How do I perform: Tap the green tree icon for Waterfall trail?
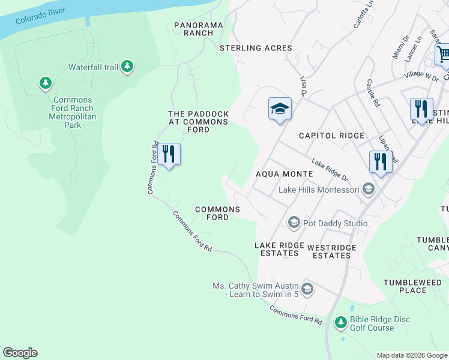(x=127, y=67)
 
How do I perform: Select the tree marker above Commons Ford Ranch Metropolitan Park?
(x=45, y=82)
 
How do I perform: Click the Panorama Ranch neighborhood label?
(x=199, y=29)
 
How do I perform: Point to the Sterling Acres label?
(x=256, y=48)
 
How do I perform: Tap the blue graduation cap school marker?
(x=280, y=109)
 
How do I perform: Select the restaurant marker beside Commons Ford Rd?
(x=169, y=154)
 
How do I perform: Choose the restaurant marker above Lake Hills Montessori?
(x=381, y=161)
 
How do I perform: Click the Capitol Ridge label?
(x=332, y=136)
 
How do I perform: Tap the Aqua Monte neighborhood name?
(x=285, y=173)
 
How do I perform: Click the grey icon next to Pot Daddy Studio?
(x=294, y=223)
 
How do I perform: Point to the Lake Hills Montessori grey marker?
(x=368, y=190)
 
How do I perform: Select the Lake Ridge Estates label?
(x=277, y=249)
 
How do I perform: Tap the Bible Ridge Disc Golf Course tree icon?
(x=340, y=323)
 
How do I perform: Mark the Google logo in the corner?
(x=20, y=353)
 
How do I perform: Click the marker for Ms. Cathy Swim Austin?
(x=307, y=289)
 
